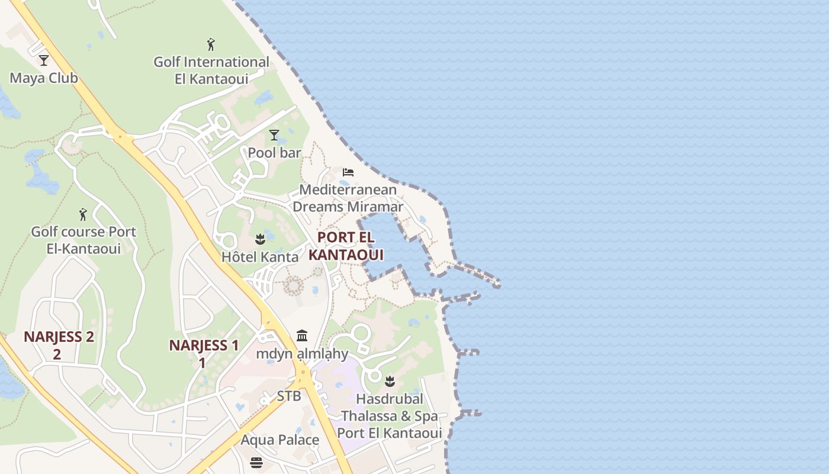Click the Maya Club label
coord(44,78)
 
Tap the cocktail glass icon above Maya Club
coord(43,60)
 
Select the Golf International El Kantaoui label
coord(211,70)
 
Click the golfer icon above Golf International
coord(211,44)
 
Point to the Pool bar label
coord(274,153)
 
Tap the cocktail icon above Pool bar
coord(274,135)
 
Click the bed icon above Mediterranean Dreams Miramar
coord(348,172)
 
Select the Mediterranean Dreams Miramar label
coord(348,198)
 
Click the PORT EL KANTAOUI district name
coord(346,246)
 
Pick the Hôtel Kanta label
coord(260,257)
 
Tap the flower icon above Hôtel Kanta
coord(259,239)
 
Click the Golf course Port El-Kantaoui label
coord(83,240)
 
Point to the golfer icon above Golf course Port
coord(83,214)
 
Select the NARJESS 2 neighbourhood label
coord(59,345)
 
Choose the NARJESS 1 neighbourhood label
coord(204,353)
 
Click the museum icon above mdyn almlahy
coord(302,336)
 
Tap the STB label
coord(289,396)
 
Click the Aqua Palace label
coord(279,440)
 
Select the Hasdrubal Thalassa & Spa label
coord(390,416)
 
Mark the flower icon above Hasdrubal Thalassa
coord(390,381)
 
